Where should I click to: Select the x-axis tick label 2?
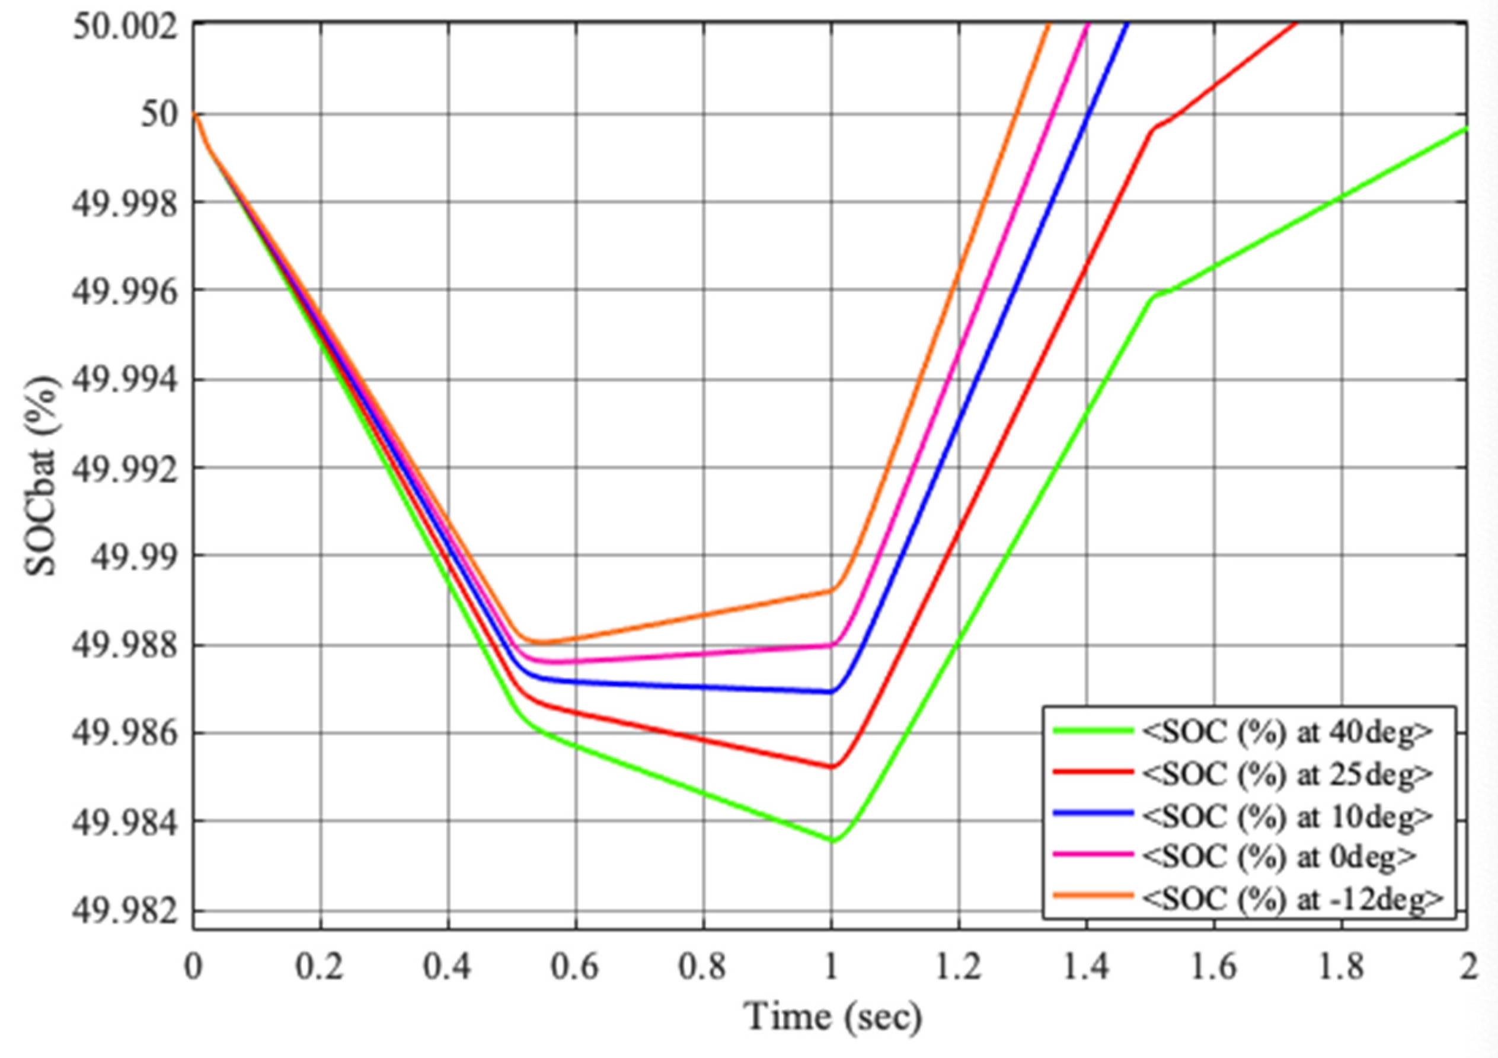coord(1468,967)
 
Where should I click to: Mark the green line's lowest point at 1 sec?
coord(832,841)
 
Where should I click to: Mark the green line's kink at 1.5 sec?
coord(1154,297)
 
